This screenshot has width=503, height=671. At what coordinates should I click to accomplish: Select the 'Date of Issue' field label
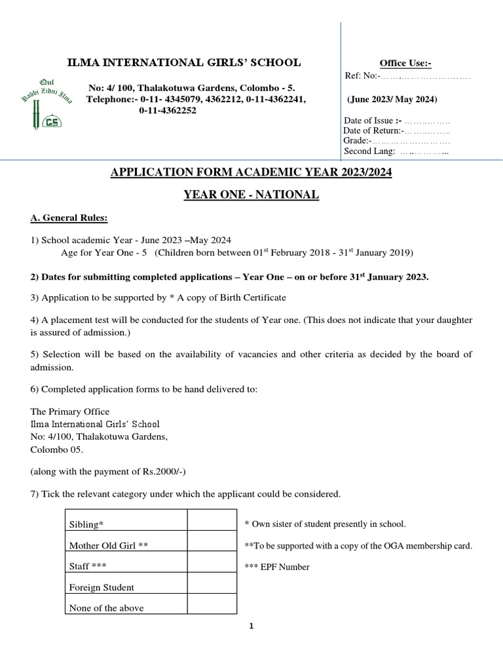coord(372,121)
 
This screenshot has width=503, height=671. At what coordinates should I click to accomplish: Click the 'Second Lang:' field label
coord(369,151)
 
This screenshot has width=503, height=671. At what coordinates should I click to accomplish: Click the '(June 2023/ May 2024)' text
coord(392,100)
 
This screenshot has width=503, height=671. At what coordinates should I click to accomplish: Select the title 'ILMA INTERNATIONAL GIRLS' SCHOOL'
coord(185,63)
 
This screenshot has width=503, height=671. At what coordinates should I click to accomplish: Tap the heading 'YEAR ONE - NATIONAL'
coord(251,195)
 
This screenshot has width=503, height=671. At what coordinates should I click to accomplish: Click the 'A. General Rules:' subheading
coord(69,218)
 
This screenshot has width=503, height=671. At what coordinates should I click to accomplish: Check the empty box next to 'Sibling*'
coord(212,520)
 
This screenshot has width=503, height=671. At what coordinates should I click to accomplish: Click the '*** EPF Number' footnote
coord(276,567)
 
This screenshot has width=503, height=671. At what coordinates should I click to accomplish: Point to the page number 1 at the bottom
coord(251,626)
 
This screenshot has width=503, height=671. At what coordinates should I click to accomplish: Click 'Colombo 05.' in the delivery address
coord(57,450)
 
